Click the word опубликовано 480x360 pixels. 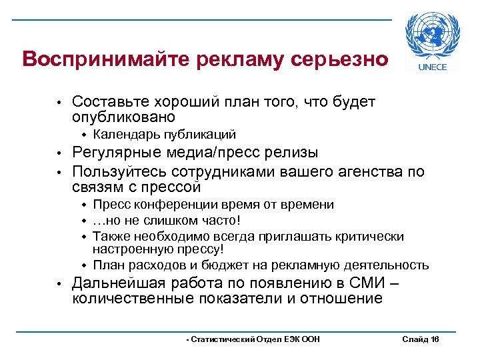(123, 117)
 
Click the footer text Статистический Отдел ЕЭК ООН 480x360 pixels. (253, 340)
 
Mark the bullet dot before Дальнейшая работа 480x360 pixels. (59, 283)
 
